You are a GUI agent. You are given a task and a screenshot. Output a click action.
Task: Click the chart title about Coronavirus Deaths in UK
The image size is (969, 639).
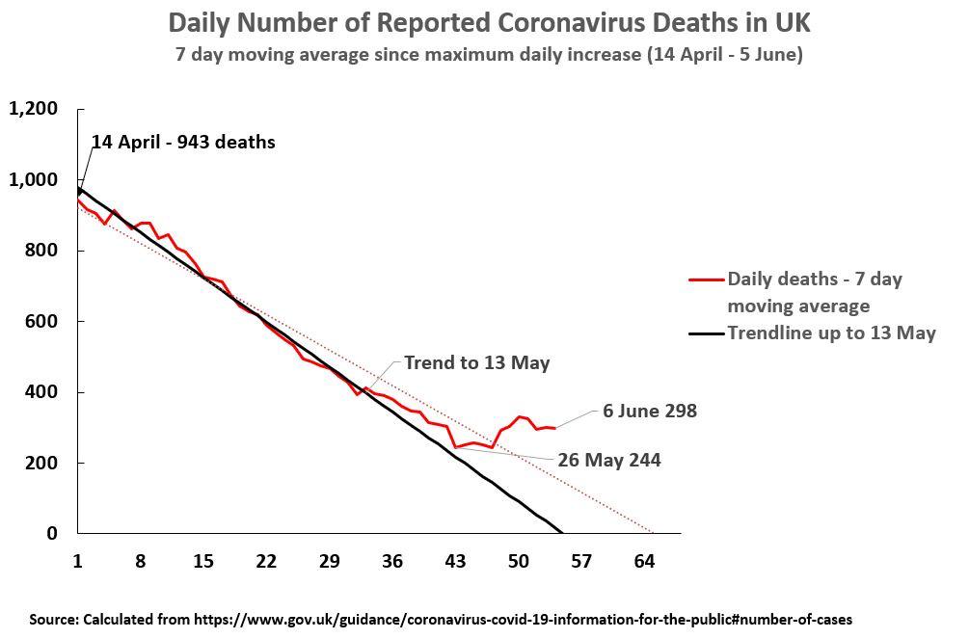click(x=489, y=22)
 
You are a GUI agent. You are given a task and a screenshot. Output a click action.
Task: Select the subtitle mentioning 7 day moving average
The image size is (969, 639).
click(x=489, y=54)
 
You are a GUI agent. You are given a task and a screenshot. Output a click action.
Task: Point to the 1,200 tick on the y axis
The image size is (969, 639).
click(x=34, y=109)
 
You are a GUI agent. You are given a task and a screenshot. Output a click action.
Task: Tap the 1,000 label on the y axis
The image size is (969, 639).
click(x=34, y=180)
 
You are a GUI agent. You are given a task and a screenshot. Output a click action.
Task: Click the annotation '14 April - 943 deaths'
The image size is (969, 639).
click(x=183, y=143)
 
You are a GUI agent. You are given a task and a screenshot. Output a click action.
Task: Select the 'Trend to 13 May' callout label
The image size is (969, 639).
click(x=476, y=363)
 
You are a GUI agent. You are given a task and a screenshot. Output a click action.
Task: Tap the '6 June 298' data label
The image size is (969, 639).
click(x=650, y=412)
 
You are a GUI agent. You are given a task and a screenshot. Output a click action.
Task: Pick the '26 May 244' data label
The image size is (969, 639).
click(x=608, y=461)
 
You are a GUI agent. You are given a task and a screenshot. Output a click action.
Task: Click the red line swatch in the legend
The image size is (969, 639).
click(x=706, y=280)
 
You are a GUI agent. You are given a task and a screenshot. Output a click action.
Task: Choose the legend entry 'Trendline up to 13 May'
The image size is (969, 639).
click(x=831, y=333)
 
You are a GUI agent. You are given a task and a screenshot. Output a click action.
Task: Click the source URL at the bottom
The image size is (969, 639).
click(x=523, y=619)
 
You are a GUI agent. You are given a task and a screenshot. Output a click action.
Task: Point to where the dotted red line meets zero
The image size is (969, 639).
click(x=653, y=533)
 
